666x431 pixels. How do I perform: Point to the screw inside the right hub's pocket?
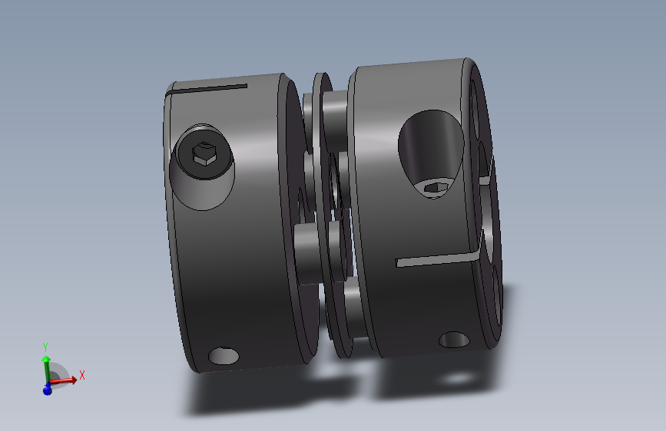435,186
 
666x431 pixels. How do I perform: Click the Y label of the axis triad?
46,347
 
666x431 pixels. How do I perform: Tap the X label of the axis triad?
81,375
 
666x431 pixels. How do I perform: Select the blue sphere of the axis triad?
47,390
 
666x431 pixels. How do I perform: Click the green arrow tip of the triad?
46,359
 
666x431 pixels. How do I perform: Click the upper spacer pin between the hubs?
334,115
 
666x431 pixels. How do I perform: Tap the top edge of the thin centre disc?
320,77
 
